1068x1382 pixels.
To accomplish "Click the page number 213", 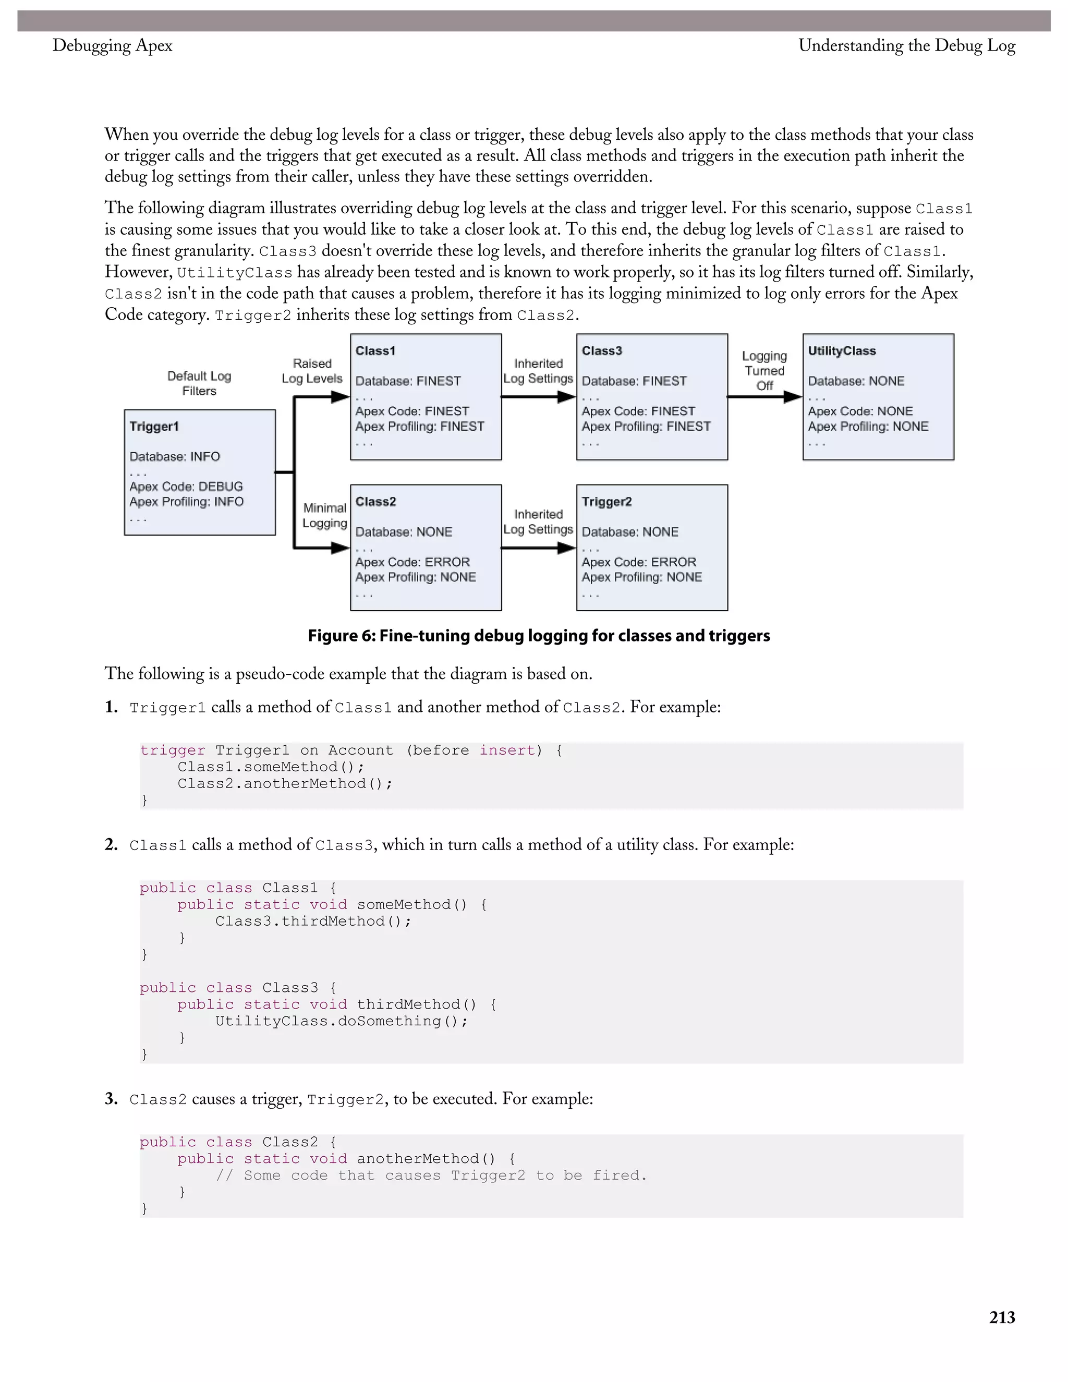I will click(x=1002, y=1317).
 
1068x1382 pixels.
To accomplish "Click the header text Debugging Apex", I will click(x=112, y=45).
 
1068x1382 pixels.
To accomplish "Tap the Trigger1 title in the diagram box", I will click(x=154, y=426).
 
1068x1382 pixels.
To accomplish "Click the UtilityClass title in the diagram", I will click(x=842, y=350).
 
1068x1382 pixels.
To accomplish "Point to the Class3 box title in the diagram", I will click(x=602, y=350).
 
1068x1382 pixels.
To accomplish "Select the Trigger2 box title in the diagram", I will click(x=606, y=502).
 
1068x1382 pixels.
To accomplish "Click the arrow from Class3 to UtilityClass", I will click(x=764, y=397).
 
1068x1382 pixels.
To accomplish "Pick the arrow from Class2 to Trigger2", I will click(x=538, y=548).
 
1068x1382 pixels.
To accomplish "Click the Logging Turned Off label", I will click(x=764, y=371).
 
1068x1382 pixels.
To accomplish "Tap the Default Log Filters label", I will click(x=199, y=383).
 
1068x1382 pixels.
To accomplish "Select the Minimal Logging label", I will click(x=324, y=515).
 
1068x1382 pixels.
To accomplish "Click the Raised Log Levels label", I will click(x=312, y=371).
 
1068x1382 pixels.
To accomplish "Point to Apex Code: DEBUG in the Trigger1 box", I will click(x=186, y=487).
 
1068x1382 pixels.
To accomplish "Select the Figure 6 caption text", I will click(x=538, y=636).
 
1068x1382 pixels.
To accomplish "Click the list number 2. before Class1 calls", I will click(x=112, y=845).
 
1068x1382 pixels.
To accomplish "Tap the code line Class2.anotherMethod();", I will click(x=285, y=783).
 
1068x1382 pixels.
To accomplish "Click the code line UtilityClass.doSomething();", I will click(x=341, y=1021).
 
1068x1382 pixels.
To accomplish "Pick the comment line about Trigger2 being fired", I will click(x=431, y=1175).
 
